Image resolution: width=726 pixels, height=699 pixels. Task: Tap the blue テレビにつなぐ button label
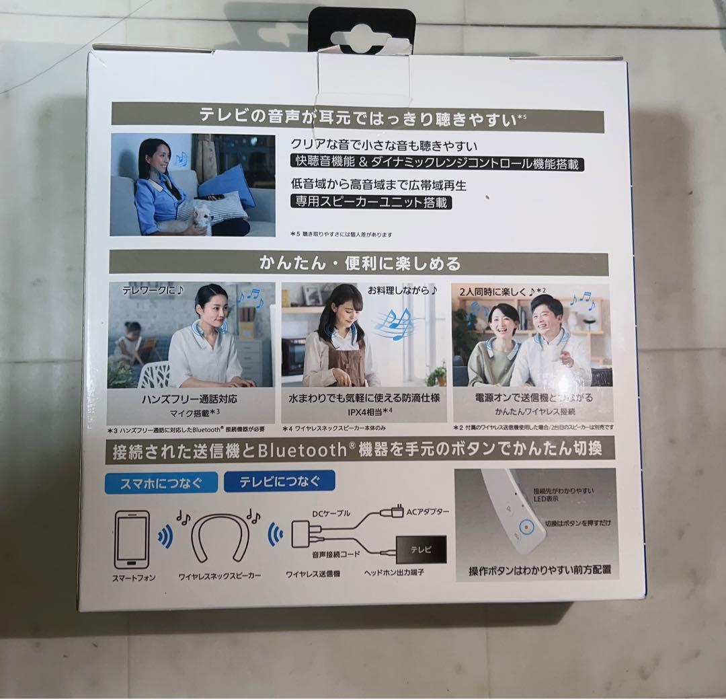click(279, 480)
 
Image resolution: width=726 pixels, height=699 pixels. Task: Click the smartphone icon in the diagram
click(132, 540)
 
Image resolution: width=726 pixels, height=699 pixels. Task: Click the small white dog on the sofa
click(202, 215)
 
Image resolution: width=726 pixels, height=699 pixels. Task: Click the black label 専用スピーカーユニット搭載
click(371, 201)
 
